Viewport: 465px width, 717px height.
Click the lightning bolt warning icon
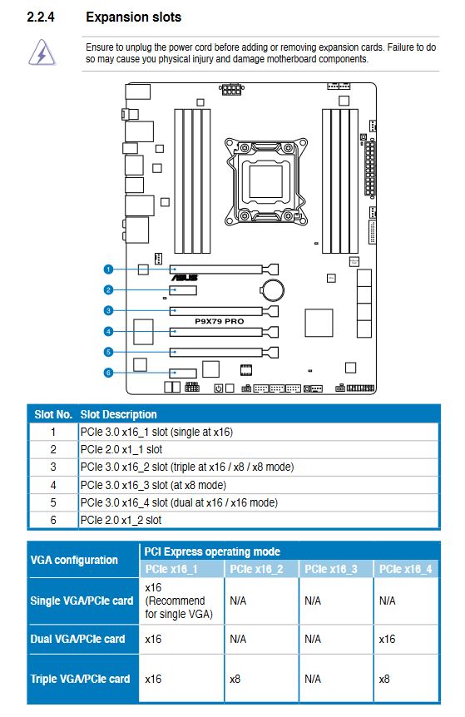(42, 52)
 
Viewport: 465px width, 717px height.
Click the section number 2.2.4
(41, 17)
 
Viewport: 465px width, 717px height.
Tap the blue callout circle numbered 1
(108, 269)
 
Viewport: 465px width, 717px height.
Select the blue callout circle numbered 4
(108, 332)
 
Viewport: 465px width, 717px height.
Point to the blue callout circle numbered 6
(108, 373)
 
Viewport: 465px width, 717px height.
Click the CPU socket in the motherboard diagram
(265, 181)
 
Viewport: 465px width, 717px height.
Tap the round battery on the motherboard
(273, 290)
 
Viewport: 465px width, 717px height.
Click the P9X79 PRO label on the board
(220, 321)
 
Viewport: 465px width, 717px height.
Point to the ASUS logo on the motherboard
(185, 278)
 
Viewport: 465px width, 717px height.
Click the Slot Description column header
(118, 415)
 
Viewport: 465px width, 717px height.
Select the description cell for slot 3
(187, 467)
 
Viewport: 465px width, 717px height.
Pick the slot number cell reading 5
(53, 502)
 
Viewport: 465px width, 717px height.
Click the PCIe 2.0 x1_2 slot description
(121, 520)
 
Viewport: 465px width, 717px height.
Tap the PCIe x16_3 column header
(331, 569)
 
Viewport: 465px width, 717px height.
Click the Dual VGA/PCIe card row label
(77, 639)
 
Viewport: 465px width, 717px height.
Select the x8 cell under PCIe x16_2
(235, 679)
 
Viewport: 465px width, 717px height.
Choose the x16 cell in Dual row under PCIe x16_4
(387, 639)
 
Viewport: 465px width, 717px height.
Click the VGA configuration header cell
(74, 560)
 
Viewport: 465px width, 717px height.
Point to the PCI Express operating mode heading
(212, 551)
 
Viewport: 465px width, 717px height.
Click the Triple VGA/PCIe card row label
(80, 679)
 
